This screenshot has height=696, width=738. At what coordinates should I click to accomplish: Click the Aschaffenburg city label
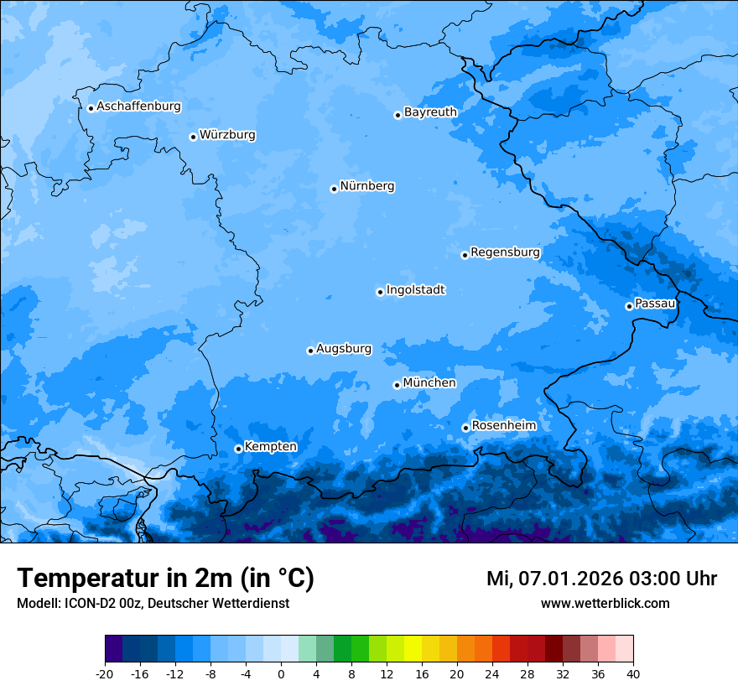[x=138, y=106]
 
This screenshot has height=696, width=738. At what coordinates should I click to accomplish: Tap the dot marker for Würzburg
[x=193, y=137]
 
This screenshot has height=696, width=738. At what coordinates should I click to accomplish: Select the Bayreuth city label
[x=430, y=112]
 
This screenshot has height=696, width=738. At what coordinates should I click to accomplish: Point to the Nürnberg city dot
[x=334, y=189]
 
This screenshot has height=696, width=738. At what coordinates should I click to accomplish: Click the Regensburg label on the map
[x=505, y=252]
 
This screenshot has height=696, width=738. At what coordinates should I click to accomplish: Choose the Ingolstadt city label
[x=415, y=290]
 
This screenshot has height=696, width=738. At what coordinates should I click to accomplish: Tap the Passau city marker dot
[x=629, y=306]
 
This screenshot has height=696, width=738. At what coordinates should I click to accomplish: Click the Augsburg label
[x=344, y=349]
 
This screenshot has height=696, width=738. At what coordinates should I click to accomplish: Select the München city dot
[x=397, y=385]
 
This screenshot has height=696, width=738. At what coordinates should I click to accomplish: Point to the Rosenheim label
[x=503, y=426]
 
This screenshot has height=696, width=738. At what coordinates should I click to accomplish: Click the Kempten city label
[x=270, y=447]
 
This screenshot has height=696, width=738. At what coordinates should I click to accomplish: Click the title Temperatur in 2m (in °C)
[x=165, y=578]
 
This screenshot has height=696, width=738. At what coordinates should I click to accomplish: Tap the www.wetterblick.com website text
[x=605, y=604]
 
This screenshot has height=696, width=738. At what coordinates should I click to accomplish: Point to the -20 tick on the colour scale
[x=105, y=673]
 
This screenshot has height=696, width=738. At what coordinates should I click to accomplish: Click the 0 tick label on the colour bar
[x=281, y=673]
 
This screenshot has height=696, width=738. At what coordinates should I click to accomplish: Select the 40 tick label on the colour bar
[x=633, y=673]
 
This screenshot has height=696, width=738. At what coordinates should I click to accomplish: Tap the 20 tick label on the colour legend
[x=457, y=673]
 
